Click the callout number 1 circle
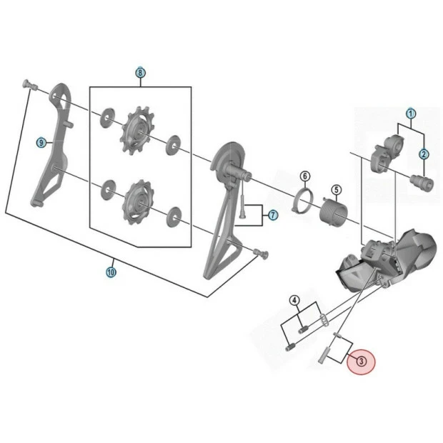click(x=411, y=114)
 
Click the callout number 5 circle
click(x=335, y=190)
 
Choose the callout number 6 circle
click(x=304, y=176)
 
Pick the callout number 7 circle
click(x=272, y=215)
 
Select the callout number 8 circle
click(x=140, y=74)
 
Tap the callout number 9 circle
click(x=41, y=143)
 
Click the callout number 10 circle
click(x=111, y=272)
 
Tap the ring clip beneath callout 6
click(x=303, y=201)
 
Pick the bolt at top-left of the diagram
click(x=29, y=85)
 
